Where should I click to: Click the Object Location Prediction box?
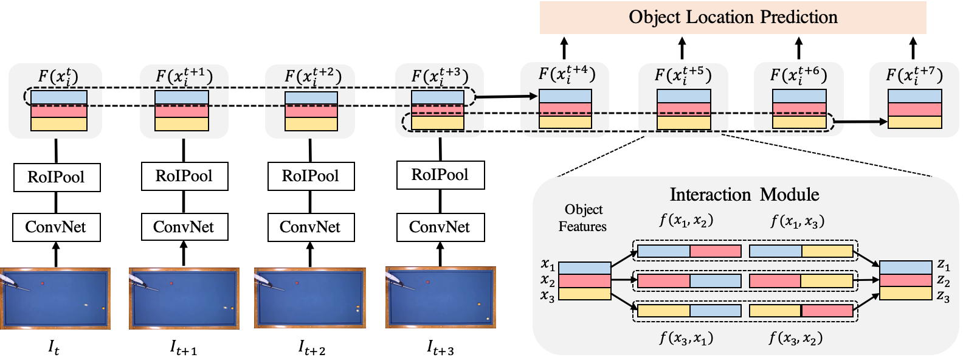pyautogui.click(x=733, y=17)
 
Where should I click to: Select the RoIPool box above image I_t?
pyautogui.click(x=56, y=177)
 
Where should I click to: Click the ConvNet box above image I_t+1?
pyautogui.click(x=183, y=227)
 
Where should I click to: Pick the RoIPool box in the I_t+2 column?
pyautogui.click(x=311, y=176)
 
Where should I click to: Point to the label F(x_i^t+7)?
pyautogui.click(x=914, y=75)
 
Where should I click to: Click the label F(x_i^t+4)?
pyautogui.click(x=566, y=75)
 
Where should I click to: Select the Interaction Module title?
pyautogui.click(x=744, y=195)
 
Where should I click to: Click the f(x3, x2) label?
pyautogui.click(x=796, y=338)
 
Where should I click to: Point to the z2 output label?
pyautogui.click(x=943, y=280)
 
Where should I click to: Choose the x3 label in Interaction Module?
pyautogui.click(x=547, y=297)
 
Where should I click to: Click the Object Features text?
pyautogui.click(x=583, y=218)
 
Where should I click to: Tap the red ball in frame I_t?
pyautogui.click(x=43, y=283)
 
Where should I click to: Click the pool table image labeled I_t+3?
pyautogui.click(x=440, y=298)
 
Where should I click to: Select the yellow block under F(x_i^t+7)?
pyautogui.click(x=914, y=122)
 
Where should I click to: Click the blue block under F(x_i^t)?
pyautogui.click(x=59, y=97)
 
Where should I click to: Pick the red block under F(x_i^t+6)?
pyautogui.click(x=798, y=109)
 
